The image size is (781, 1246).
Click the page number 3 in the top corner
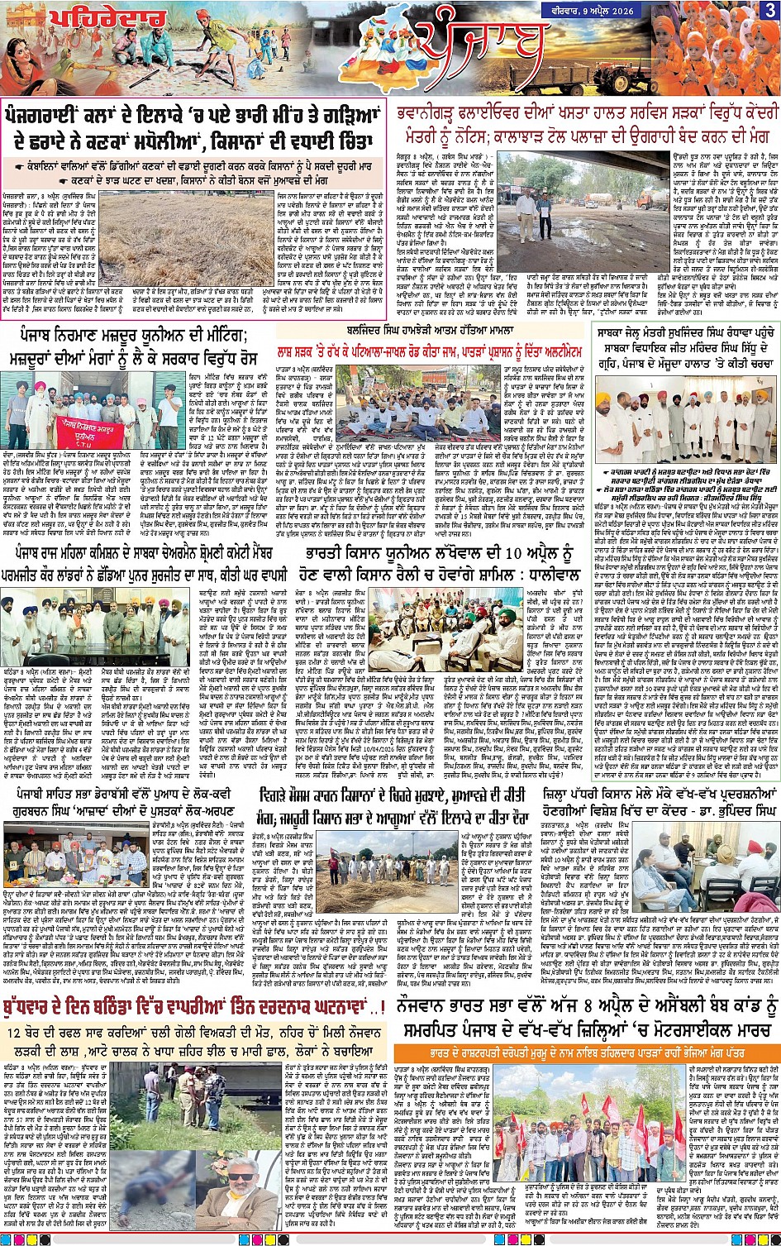768,11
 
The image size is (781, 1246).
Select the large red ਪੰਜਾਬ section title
480,49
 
